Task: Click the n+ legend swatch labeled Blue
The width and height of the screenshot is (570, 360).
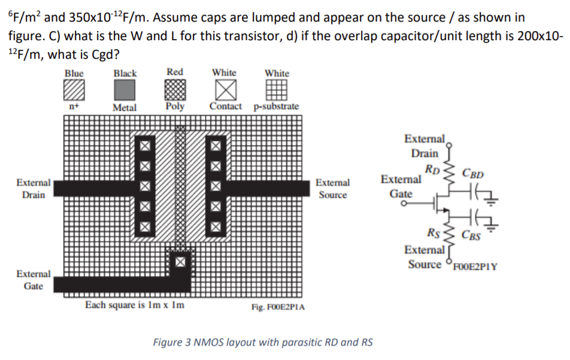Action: pos(74,90)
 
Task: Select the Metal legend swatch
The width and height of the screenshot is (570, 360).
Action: pos(125,90)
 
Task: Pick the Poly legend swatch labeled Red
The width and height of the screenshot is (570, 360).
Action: pos(175,90)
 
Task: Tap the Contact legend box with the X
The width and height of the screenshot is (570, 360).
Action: pos(226,90)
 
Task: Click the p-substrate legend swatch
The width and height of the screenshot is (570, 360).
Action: pos(276,90)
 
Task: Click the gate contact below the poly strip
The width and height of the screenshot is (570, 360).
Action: pos(180,262)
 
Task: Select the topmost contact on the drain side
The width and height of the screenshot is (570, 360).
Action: pos(145,146)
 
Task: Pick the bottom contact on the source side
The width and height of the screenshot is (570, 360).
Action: pos(216,226)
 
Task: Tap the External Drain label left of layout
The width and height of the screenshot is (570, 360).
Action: pos(34,189)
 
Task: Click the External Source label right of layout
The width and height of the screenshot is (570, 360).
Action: pos(333,189)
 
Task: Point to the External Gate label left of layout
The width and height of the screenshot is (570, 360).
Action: pos(34,280)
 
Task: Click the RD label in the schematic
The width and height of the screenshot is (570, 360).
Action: pos(432,170)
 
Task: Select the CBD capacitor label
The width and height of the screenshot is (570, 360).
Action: pos(473,174)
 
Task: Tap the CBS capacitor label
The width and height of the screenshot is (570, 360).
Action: pos(471,235)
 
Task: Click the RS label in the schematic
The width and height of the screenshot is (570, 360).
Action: pos(433,232)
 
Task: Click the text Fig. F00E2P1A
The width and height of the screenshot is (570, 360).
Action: pos(278,307)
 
